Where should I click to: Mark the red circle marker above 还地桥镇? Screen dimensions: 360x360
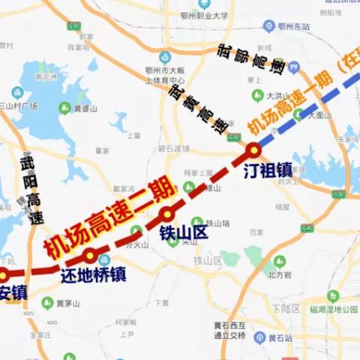pyautogui.click(x=89, y=255)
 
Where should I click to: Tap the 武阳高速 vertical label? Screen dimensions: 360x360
pyautogui.click(x=31, y=190)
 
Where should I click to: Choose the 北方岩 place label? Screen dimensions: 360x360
pyautogui.click(x=280, y=274)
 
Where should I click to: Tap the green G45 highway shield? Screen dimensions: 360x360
pyautogui.click(x=306, y=227)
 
